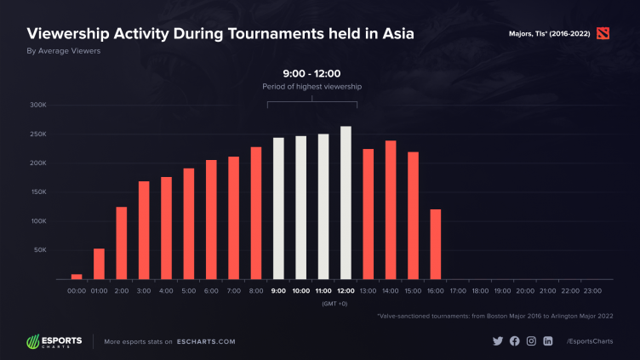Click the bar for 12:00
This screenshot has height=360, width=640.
tap(346, 203)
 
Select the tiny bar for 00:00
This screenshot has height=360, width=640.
tap(77, 276)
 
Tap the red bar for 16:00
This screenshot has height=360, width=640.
tap(435, 244)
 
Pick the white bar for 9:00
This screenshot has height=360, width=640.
tap(278, 209)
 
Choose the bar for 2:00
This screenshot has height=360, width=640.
tap(121, 243)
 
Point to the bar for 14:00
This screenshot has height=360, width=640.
tap(391, 210)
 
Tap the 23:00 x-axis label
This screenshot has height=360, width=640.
tap(592, 290)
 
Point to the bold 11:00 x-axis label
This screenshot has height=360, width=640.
tap(323, 290)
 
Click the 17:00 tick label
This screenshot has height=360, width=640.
tap(458, 290)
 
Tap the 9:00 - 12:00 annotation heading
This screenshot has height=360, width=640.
tap(312, 74)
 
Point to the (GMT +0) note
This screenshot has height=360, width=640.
tap(334, 303)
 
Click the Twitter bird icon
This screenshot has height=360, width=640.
tap(498, 341)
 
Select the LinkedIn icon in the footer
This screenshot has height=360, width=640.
tap(548, 341)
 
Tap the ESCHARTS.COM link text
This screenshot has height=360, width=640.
tap(207, 341)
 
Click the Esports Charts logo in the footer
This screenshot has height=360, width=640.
tap(54, 341)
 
